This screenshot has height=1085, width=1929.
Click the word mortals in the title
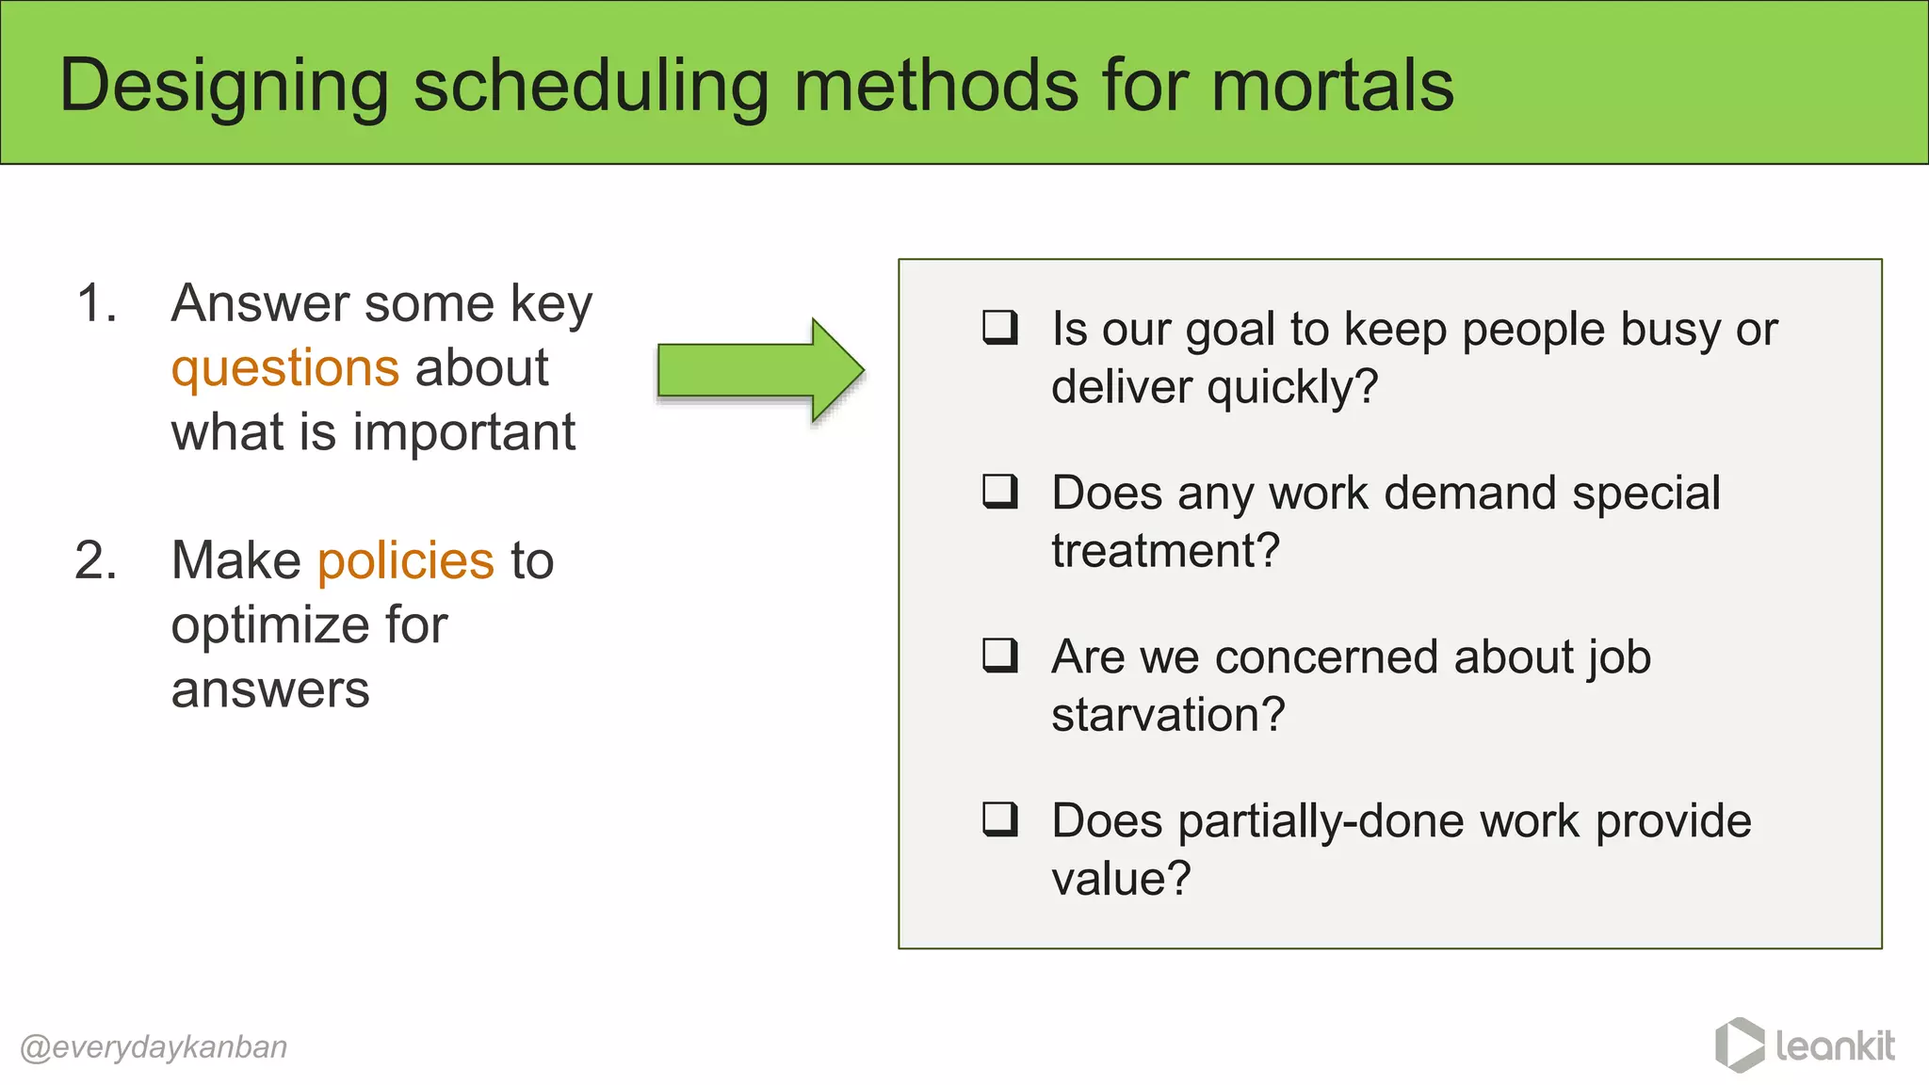(1332, 86)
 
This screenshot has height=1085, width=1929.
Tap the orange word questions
(284, 367)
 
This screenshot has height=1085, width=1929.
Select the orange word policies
(405, 561)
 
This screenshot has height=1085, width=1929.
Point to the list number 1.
(96, 304)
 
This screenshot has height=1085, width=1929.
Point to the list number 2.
(96, 561)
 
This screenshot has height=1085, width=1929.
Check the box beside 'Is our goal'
(999, 328)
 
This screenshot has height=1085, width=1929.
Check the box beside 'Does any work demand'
(999, 492)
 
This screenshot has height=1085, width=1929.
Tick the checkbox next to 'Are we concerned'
(999, 656)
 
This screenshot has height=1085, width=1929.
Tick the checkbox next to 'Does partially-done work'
(999, 819)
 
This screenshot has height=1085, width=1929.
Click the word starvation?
(1168, 715)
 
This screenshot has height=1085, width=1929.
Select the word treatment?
(1165, 551)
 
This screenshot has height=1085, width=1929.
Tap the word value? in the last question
(1121, 879)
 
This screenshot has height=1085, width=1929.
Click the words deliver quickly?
(1214, 387)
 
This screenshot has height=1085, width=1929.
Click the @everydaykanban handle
(154, 1047)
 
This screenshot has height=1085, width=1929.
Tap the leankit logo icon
(1739, 1045)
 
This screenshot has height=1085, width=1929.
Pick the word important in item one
(463, 433)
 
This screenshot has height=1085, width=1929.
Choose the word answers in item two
(270, 690)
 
